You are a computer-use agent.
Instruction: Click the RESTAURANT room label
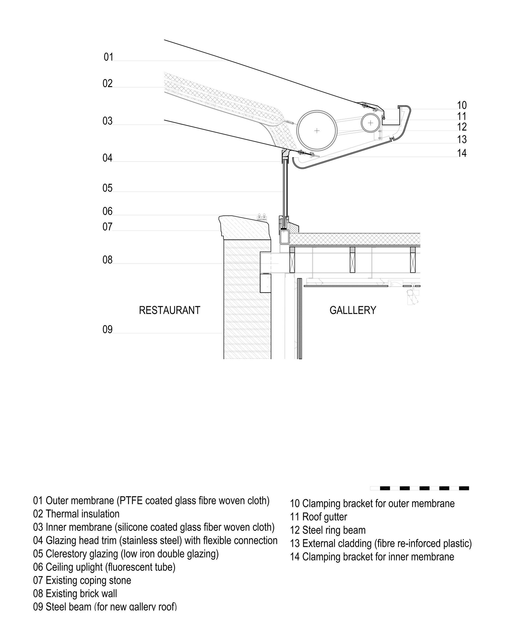point(169,310)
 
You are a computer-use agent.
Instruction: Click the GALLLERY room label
point(353,310)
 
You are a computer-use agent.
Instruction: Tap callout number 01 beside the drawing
point(108,57)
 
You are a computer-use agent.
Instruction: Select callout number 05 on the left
point(107,188)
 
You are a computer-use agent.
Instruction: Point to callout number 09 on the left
point(107,330)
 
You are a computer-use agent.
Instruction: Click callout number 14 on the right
point(462,153)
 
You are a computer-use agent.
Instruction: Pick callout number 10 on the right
point(462,105)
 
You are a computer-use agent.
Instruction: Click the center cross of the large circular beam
point(317,130)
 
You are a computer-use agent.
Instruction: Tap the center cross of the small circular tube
point(370,123)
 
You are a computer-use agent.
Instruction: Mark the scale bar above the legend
point(419,488)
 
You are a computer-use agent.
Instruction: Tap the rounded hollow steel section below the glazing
point(284,237)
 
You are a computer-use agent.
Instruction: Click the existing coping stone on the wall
point(245,227)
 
